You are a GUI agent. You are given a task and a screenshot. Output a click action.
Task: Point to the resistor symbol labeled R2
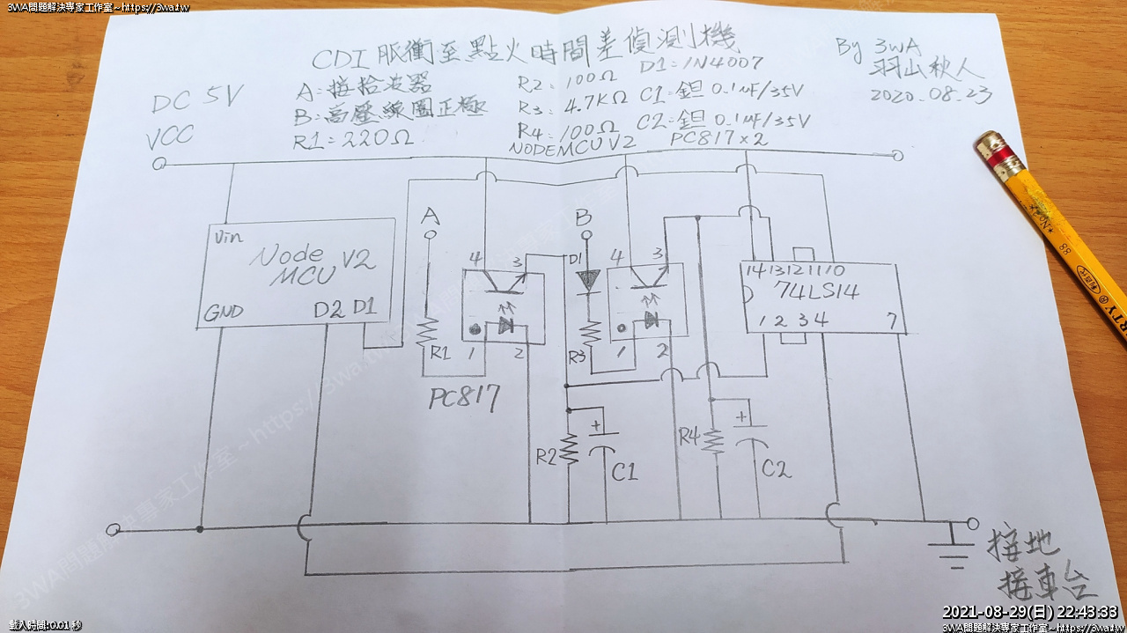pos(570,451)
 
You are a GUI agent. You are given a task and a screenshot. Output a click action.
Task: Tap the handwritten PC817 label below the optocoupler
pos(463,399)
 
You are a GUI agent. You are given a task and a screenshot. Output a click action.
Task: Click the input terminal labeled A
pos(431,235)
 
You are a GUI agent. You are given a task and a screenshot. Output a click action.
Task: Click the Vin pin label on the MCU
pos(226,237)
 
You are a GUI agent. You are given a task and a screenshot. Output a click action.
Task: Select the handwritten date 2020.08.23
pos(930,93)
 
